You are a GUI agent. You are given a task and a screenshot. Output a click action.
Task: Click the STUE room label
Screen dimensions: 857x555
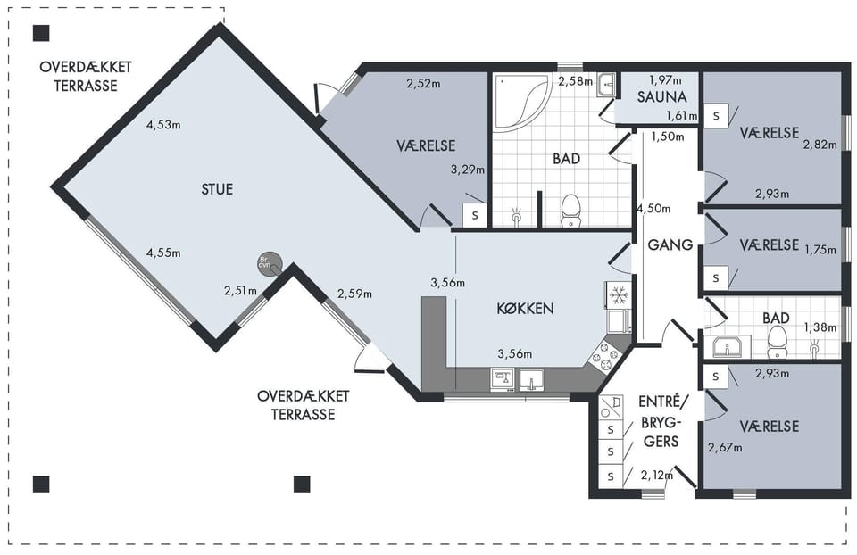(x=217, y=189)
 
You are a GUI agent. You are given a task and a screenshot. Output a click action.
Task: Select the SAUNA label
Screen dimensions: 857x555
(x=661, y=97)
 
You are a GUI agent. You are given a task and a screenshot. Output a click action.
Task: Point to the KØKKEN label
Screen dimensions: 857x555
(x=525, y=309)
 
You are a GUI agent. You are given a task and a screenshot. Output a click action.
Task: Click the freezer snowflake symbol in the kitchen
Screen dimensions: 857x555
(x=618, y=295)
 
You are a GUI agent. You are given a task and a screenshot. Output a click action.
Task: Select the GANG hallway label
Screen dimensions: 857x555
(x=670, y=244)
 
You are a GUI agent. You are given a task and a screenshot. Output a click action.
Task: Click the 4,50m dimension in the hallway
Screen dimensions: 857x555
(x=653, y=208)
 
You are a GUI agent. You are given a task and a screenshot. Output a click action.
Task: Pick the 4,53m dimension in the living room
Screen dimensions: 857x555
(x=163, y=125)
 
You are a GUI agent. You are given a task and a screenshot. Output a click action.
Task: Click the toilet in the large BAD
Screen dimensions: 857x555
(x=570, y=211)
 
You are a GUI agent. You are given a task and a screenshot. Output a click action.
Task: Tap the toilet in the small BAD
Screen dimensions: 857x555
(x=776, y=342)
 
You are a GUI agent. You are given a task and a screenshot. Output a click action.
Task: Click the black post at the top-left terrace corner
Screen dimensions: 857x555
(x=42, y=33)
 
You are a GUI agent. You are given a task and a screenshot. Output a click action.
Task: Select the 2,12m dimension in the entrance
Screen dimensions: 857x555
(x=657, y=476)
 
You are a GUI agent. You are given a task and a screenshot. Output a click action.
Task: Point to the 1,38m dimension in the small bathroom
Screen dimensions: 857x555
(x=820, y=327)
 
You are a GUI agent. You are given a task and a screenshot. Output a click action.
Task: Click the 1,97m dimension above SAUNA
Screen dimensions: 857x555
(x=665, y=80)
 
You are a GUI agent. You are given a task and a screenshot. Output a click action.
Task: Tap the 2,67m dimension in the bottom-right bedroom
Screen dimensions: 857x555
(x=725, y=448)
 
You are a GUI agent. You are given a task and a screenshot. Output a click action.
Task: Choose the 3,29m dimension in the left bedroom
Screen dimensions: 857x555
(x=468, y=170)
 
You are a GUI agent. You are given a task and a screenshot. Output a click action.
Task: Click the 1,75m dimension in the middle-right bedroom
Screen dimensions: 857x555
(x=820, y=250)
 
